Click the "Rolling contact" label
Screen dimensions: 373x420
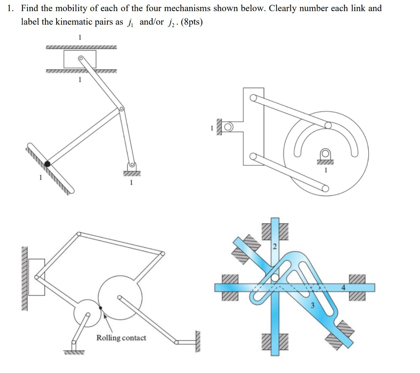[x=121, y=338]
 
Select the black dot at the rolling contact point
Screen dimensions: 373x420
[x=100, y=307]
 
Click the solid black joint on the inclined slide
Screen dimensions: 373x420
[x=48, y=164]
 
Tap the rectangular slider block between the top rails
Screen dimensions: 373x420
[x=80, y=59]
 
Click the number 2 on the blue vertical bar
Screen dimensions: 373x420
[x=275, y=247]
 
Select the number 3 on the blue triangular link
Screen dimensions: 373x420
[x=312, y=305]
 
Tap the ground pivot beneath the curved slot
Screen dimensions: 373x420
[x=325, y=155]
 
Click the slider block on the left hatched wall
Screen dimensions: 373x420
[x=37, y=277]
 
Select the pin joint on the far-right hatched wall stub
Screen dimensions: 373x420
[x=177, y=342]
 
